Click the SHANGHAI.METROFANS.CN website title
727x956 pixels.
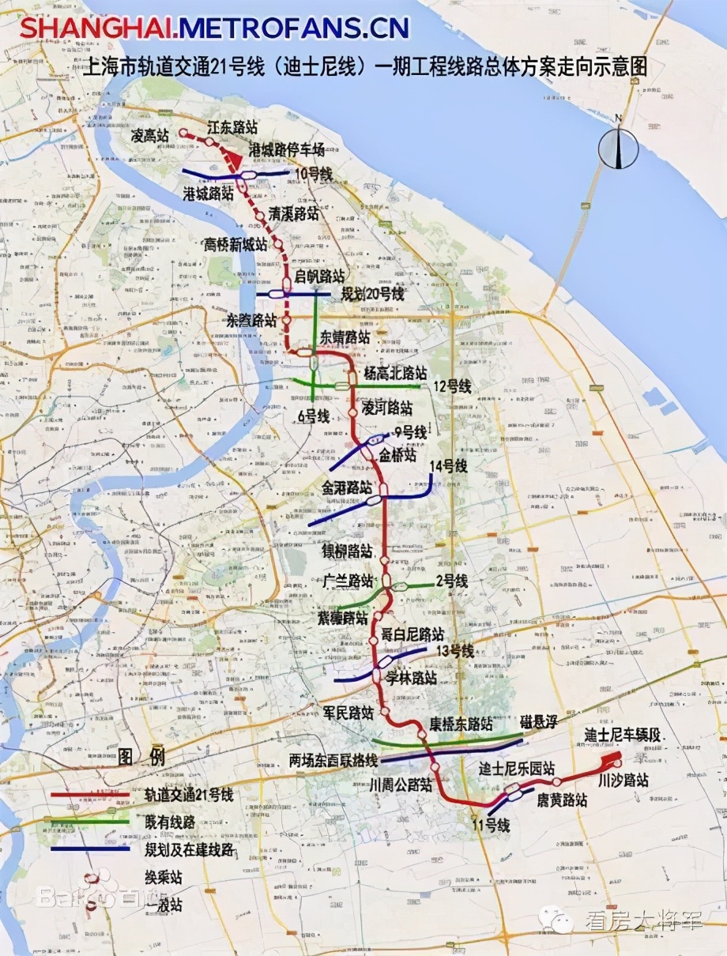pyautogui.click(x=214, y=28)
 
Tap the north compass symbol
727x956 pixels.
pyautogui.click(x=618, y=146)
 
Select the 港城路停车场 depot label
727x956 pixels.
pyautogui.click(x=287, y=149)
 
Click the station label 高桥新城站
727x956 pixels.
pyautogui.click(x=236, y=243)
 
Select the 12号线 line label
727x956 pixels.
pyautogui.click(x=452, y=386)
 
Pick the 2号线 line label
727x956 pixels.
pyautogui.click(x=450, y=582)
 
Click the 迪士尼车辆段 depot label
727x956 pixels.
pyautogui.click(x=623, y=735)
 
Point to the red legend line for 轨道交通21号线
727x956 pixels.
pyautogui.click(x=89, y=794)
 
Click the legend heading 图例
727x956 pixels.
pyautogui.click(x=142, y=757)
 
